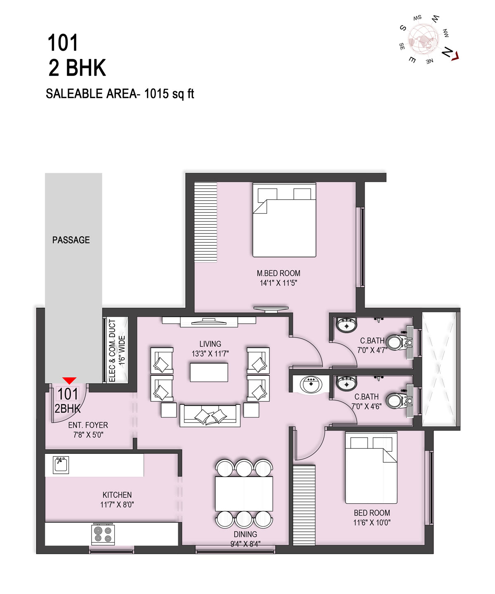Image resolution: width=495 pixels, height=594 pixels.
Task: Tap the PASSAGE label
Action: click(71, 240)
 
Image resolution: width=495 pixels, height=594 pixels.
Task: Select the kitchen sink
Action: click(61, 465)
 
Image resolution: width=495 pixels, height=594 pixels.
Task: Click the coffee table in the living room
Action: click(209, 372)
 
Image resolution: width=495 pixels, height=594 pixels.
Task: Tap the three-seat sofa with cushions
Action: click(210, 416)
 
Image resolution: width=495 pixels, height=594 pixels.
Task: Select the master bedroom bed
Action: click(284, 220)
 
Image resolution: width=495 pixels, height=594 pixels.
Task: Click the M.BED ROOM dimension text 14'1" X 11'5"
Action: click(278, 283)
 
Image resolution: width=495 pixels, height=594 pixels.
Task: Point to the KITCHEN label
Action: click(117, 495)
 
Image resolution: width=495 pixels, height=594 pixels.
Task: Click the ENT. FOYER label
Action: click(88, 425)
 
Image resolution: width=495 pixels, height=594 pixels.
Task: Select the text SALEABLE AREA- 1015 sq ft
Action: click(120, 94)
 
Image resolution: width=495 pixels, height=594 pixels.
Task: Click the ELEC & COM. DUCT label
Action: click(113, 351)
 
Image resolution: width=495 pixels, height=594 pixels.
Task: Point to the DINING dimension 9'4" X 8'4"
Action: click(245, 544)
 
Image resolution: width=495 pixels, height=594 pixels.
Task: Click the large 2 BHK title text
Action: click(77, 68)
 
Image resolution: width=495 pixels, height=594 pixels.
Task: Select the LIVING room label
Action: click(210, 344)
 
